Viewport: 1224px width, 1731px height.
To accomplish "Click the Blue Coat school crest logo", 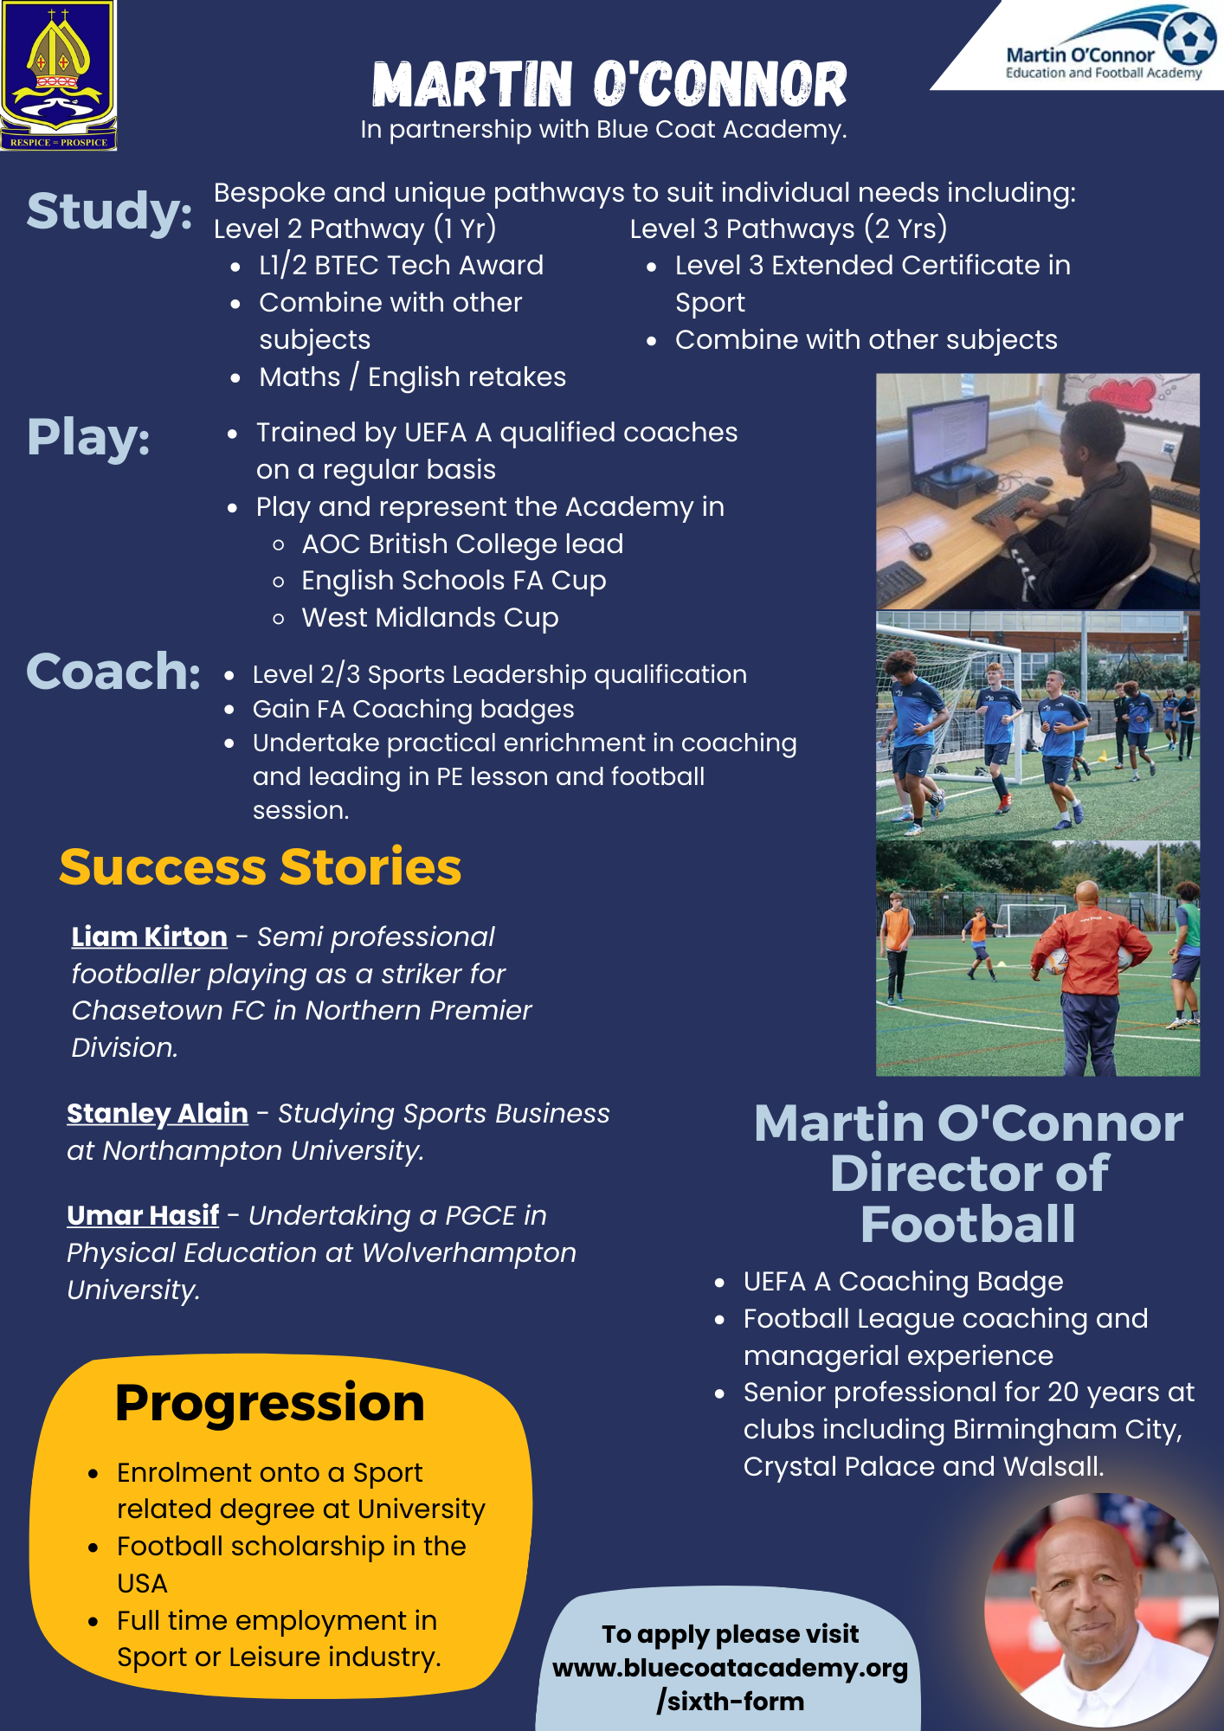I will coord(58,75).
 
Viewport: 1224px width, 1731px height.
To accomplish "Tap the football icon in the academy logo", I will coord(1189,36).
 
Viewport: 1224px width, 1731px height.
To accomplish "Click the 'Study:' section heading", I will coord(109,211).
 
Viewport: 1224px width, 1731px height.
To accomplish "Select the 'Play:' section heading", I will coord(88,437).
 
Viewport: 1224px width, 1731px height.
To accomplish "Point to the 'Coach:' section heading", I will coord(113,672).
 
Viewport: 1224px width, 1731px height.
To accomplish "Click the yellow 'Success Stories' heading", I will coord(260,867).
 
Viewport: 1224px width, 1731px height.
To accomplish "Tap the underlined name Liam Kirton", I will coord(149,936).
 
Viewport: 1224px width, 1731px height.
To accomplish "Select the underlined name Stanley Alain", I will coord(158,1113).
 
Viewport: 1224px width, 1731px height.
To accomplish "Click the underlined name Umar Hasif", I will coord(143,1215).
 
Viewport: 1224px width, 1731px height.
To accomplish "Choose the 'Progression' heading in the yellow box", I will coord(269,1403).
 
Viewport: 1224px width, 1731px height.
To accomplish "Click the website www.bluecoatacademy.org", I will coord(730,1668).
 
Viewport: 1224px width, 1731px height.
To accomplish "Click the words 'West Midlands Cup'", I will coord(429,618).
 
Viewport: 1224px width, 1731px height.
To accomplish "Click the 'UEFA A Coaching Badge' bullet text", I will coord(903,1281).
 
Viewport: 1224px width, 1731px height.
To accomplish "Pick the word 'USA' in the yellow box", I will coord(142,1583).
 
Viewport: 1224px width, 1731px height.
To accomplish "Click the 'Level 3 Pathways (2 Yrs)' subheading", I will coord(788,228).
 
